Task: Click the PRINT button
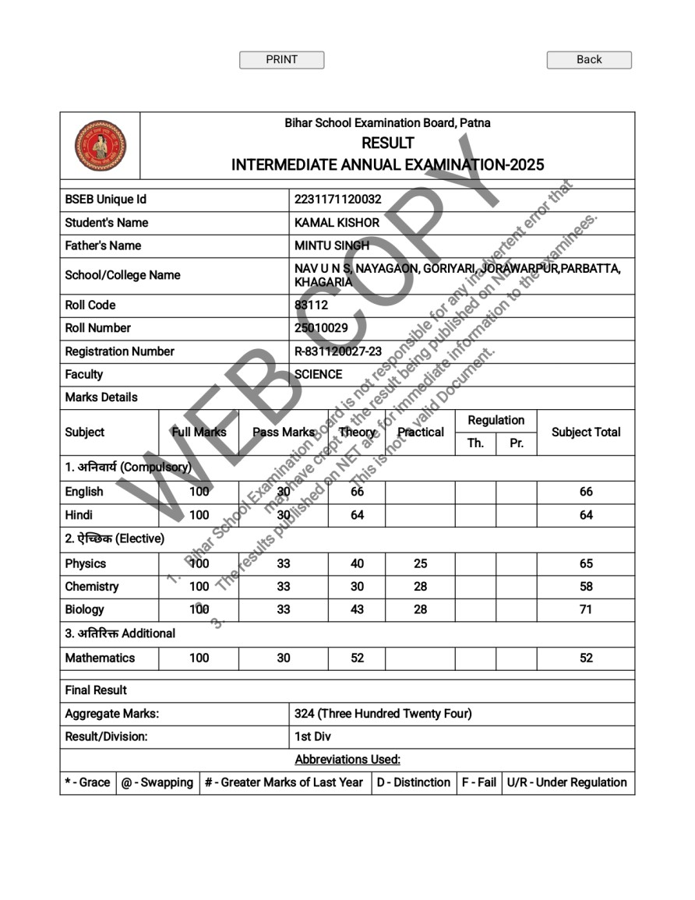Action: [x=281, y=60]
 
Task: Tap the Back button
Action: [x=589, y=60]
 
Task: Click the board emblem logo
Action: [x=101, y=146]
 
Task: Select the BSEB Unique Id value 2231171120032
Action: [x=338, y=199]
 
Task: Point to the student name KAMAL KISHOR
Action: [x=337, y=223]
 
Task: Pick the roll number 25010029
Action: [x=321, y=328]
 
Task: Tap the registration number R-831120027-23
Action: [x=338, y=351]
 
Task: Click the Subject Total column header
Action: [x=586, y=432]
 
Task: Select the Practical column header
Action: [x=420, y=432]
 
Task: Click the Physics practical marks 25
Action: [x=420, y=563]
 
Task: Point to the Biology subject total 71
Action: [x=586, y=609]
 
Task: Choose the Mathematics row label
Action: [x=100, y=658]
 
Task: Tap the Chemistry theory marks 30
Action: [x=357, y=587]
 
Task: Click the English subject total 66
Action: [x=586, y=492]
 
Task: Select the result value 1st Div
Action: [x=312, y=736]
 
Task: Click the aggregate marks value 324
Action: [x=304, y=714]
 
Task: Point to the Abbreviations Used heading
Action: [x=347, y=759]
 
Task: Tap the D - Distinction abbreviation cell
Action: [x=413, y=782]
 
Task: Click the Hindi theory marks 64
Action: [x=357, y=515]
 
